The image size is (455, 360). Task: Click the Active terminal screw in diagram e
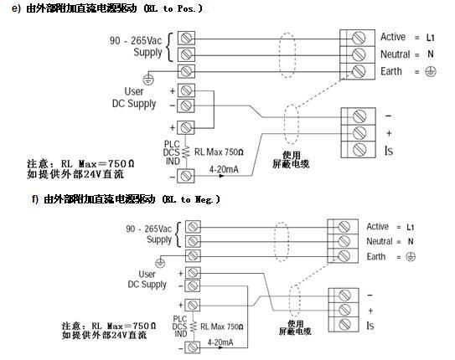[x=359, y=38]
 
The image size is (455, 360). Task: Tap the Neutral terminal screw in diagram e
[x=359, y=54]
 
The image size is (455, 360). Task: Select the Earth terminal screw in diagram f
[x=344, y=255]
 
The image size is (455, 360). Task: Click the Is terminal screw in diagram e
[x=359, y=150]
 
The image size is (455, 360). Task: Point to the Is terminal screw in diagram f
[x=344, y=324]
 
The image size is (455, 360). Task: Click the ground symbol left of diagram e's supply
[x=148, y=80]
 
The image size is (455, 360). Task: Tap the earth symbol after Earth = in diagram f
[x=411, y=256]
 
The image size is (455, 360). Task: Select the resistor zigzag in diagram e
[x=186, y=152]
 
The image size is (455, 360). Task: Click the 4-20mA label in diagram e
[x=224, y=169]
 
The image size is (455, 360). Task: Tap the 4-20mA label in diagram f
[x=220, y=342]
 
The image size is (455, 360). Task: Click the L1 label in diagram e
[x=431, y=38]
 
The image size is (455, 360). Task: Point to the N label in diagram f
[x=411, y=241]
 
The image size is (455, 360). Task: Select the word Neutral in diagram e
[x=395, y=54]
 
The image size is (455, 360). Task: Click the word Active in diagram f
[x=378, y=226]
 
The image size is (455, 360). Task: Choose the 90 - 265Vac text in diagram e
[x=136, y=40]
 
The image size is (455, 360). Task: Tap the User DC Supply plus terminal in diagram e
[x=186, y=90]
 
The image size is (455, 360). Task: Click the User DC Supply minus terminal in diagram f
[x=193, y=286]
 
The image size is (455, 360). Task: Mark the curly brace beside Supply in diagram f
[x=178, y=234]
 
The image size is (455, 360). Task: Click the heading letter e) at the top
[x=17, y=8]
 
